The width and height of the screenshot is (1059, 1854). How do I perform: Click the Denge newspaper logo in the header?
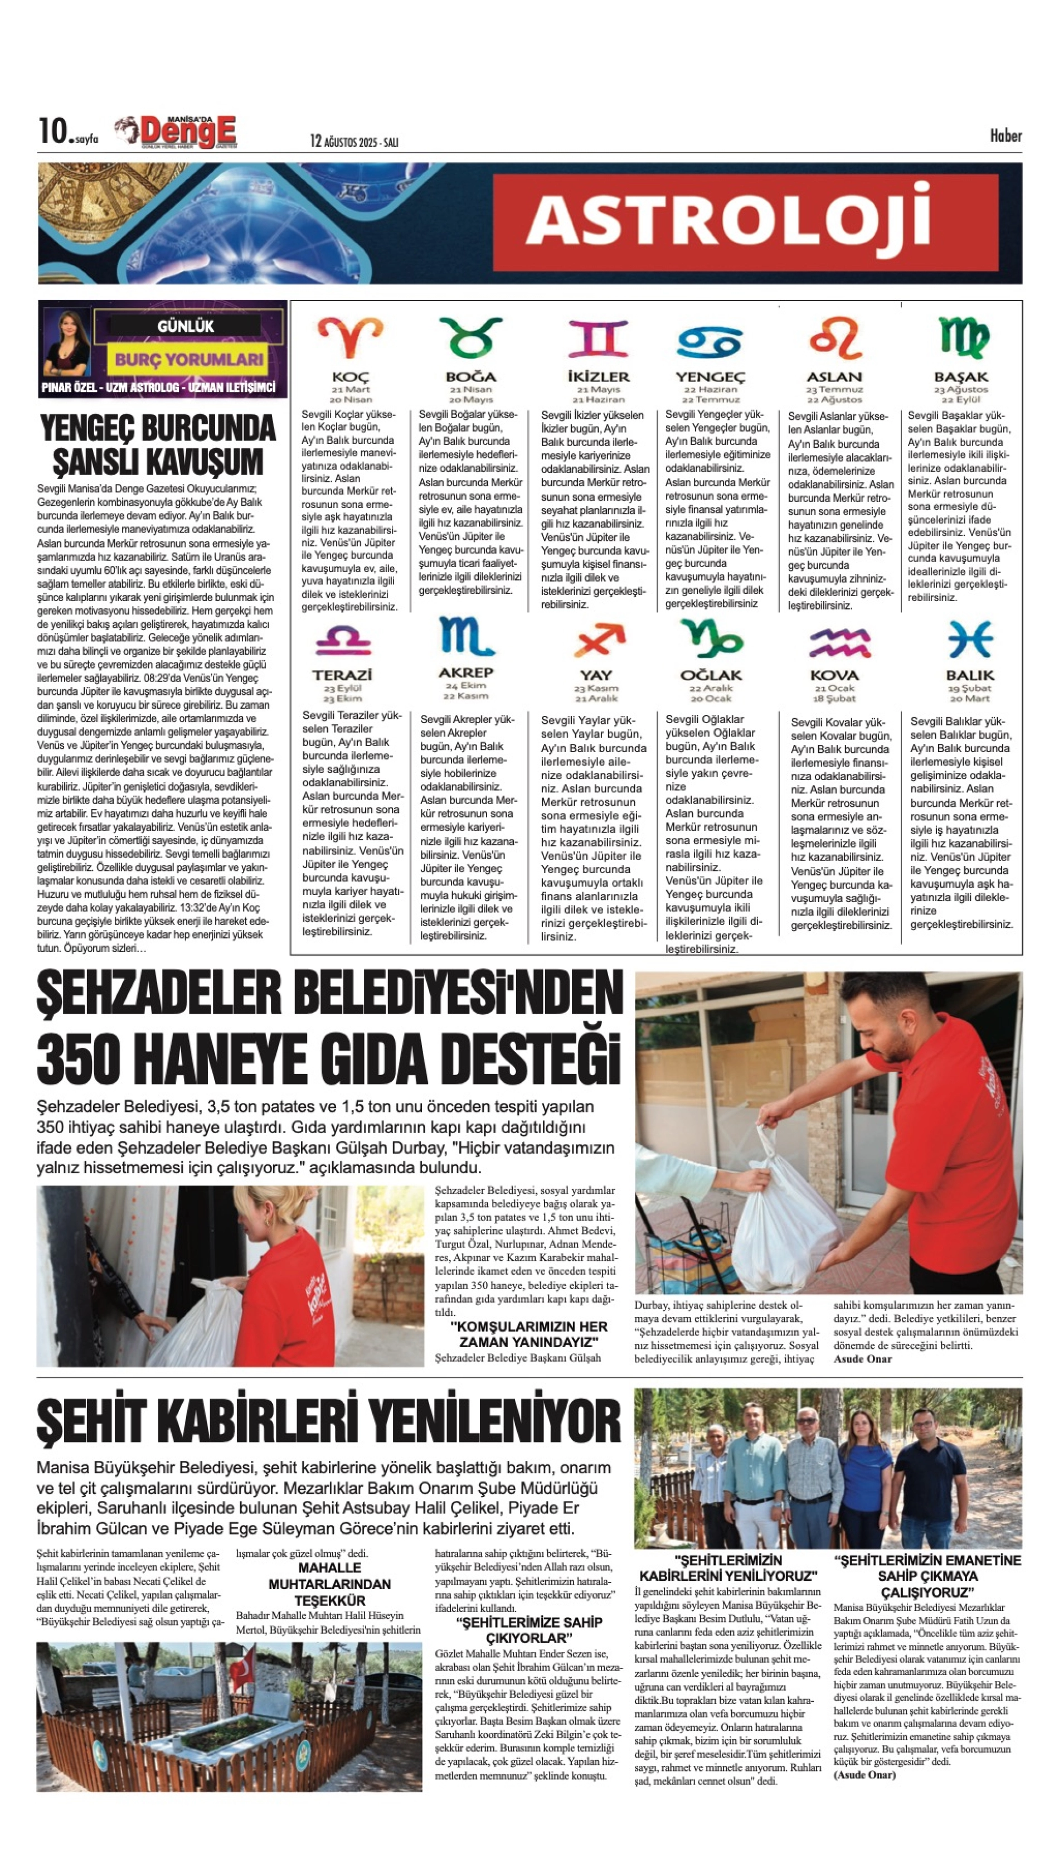179,133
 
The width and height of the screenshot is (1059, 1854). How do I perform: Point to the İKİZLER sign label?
598,377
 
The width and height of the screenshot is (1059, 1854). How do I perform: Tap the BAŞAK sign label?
961,377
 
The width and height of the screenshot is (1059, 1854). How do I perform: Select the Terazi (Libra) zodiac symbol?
343,641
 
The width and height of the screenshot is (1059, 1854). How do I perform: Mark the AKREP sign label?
465,672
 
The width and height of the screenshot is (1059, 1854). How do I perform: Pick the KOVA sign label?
834,675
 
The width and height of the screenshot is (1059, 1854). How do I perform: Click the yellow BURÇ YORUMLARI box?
188,360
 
